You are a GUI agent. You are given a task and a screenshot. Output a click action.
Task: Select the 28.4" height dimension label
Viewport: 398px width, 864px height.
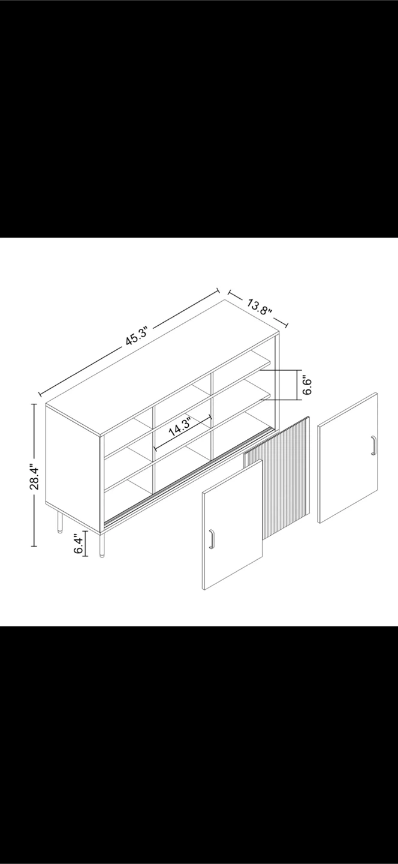tap(35, 478)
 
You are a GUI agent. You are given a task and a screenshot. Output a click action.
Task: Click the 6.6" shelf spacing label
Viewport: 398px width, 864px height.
tap(307, 385)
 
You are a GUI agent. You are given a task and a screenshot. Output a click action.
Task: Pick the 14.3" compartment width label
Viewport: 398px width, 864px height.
tap(180, 427)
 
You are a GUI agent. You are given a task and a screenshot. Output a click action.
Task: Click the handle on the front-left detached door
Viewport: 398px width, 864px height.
tap(211, 538)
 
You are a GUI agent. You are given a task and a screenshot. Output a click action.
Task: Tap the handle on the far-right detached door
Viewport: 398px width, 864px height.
tap(373, 445)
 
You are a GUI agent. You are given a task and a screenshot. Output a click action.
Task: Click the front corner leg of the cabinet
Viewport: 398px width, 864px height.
tap(102, 545)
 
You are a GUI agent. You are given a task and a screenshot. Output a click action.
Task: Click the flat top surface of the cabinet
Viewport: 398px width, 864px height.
tap(162, 368)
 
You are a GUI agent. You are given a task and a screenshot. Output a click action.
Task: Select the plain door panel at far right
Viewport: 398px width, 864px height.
tap(348, 458)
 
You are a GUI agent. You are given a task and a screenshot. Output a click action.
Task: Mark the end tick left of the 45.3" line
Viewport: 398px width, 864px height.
tap(40, 395)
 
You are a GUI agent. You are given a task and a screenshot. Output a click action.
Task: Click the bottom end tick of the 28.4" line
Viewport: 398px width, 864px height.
tap(34, 546)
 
